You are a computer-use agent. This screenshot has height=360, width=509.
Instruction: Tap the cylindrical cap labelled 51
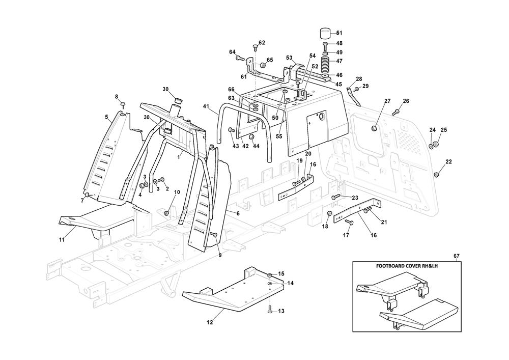tap(325, 35)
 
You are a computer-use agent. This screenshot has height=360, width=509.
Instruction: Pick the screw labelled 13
tap(270, 309)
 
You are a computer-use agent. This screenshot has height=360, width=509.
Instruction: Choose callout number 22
tap(448, 162)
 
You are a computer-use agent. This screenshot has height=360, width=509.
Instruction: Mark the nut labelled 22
tap(436, 175)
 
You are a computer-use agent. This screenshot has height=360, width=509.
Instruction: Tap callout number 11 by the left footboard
tap(61, 239)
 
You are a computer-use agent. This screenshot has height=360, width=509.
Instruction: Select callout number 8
tap(116, 96)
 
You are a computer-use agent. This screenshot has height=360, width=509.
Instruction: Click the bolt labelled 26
tap(395, 112)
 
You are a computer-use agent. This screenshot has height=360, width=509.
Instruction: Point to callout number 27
tap(387, 101)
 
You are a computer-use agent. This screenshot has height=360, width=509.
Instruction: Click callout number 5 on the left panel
tap(106, 117)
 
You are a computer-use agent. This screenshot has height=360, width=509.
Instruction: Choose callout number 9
tap(220, 255)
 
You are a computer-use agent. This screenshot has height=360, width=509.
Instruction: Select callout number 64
tap(232, 52)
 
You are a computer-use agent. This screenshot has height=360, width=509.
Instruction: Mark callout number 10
tap(177, 192)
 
